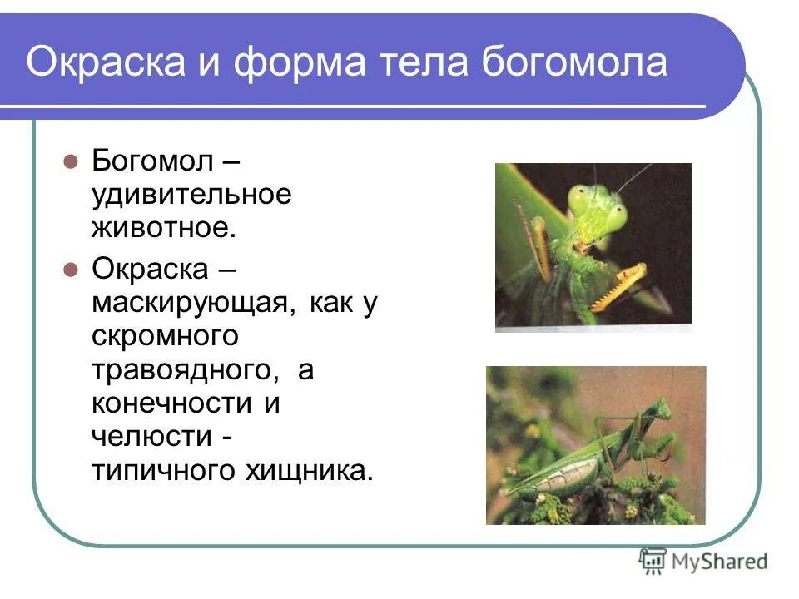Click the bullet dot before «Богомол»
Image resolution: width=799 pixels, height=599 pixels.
coord(71,160)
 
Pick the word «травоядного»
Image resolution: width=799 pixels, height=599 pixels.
coord(186,370)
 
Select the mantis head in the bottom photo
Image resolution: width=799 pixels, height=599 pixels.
coord(659,408)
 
